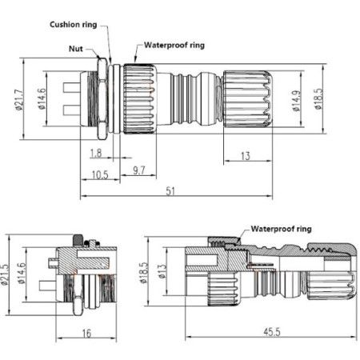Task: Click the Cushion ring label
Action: click(x=74, y=25)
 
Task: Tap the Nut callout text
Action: click(x=76, y=49)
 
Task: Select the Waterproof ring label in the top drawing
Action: click(x=174, y=45)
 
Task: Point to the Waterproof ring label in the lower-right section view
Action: click(x=281, y=229)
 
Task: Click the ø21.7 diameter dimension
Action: click(x=20, y=98)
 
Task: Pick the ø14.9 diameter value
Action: click(x=297, y=101)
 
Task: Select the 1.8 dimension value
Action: click(x=96, y=153)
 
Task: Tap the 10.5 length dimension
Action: click(x=100, y=175)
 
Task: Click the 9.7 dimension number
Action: click(x=139, y=170)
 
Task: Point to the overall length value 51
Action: click(x=170, y=191)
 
